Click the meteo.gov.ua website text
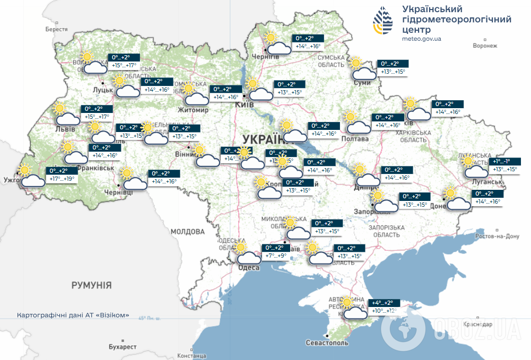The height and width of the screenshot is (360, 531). point(422,39)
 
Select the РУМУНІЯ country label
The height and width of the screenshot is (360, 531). point(92,285)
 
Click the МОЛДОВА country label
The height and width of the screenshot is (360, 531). point(188,232)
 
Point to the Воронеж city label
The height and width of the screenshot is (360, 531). point(485,46)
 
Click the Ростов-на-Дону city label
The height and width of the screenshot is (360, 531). point(498,236)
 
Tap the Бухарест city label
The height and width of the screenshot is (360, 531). point(123,346)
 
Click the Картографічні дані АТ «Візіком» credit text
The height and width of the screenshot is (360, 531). point(73,314)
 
